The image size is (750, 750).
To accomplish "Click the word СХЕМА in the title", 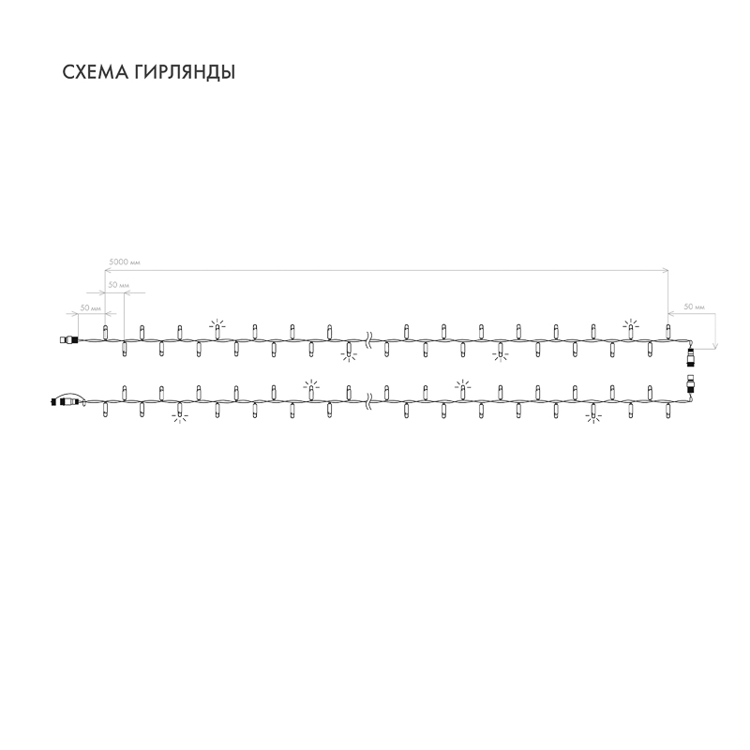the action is [96, 72].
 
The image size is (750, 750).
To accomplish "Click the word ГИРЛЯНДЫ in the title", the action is [184, 73].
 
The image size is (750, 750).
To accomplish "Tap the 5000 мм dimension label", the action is [125, 262].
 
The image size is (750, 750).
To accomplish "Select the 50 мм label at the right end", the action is [695, 307].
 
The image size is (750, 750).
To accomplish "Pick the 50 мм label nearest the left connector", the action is [90, 308].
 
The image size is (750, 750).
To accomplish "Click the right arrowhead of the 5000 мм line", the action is [665, 270].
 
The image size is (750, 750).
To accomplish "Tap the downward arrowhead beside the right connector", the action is [715, 346].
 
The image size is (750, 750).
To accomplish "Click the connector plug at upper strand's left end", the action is [68, 340].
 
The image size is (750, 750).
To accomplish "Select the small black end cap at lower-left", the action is [52, 402].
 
